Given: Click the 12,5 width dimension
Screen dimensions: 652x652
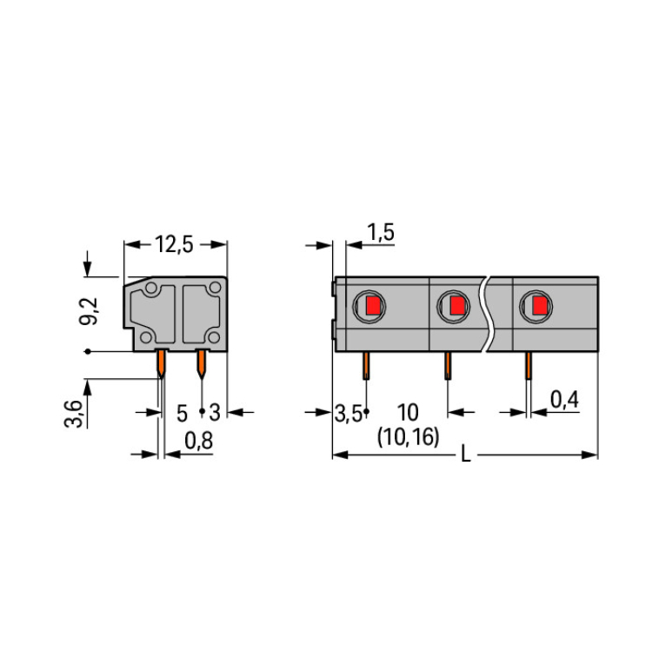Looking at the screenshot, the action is click(174, 244).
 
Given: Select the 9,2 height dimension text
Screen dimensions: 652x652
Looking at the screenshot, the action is click(88, 310).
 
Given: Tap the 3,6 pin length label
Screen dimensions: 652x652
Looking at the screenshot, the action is click(74, 413).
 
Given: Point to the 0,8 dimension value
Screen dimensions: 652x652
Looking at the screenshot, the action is click(198, 441).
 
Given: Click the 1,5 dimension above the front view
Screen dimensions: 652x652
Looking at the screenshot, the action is click(381, 232).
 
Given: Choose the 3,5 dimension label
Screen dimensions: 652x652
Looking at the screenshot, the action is click(349, 414).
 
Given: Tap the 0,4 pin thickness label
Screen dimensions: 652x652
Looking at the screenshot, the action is click(564, 399).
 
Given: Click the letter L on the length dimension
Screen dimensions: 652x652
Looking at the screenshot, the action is click(466, 454).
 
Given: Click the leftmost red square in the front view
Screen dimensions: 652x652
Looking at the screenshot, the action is click(374, 306).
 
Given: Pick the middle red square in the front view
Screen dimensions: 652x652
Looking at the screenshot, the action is click(457, 306).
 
